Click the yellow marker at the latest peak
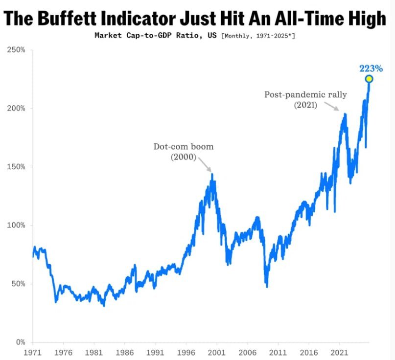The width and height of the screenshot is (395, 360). [369, 79]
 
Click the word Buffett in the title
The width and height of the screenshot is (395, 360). [79, 19]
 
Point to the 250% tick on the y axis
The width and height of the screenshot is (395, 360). [17, 50]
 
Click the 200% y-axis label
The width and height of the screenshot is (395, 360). [17, 108]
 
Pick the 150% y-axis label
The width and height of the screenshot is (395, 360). [17, 167]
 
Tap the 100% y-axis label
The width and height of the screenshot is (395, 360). [17, 225]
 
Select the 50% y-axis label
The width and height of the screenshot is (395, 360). [18, 284]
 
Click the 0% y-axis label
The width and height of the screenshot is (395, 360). [20, 342]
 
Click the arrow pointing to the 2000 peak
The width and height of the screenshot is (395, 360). [206, 163]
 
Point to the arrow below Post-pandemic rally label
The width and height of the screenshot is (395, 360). [334, 107]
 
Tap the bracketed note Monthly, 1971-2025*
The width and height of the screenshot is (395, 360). [258, 36]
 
